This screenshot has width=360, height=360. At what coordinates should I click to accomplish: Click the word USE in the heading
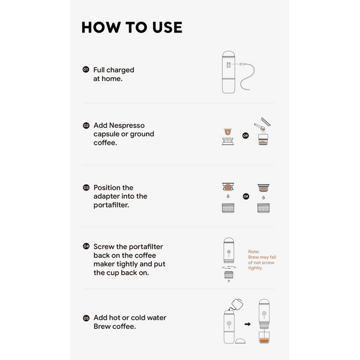[x=167, y=28]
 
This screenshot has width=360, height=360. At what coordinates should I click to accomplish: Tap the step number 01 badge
[x=86, y=70]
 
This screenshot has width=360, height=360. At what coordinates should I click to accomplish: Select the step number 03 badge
[x=86, y=188]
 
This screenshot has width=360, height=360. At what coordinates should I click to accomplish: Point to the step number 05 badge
[x=86, y=318]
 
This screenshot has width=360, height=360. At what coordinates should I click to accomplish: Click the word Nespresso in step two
[x=127, y=125]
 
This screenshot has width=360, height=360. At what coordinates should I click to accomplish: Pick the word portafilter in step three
[x=111, y=205]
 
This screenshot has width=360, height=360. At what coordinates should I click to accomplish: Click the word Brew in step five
[x=102, y=326]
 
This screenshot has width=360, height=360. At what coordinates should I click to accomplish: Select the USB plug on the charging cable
[x=242, y=64]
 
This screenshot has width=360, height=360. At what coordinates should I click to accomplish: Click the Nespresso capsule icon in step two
[x=228, y=132]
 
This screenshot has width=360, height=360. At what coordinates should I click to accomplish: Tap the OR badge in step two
[x=245, y=136]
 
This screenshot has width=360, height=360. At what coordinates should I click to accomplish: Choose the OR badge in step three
[x=246, y=196]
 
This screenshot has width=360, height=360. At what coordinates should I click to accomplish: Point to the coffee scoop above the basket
[x=259, y=127]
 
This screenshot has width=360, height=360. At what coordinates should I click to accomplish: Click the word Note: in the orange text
[x=254, y=251]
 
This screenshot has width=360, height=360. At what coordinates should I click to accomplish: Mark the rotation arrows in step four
[x=229, y=267]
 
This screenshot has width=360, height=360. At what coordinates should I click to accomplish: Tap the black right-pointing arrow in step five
[x=247, y=324]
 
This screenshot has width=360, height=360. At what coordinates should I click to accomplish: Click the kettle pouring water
[x=236, y=304]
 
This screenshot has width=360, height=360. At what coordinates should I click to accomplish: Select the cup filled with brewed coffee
[x=264, y=337]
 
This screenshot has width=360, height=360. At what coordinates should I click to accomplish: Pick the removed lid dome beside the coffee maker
[x=240, y=341]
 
